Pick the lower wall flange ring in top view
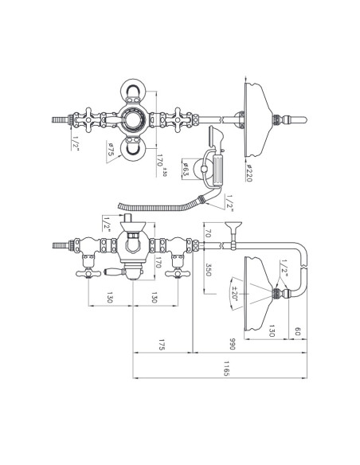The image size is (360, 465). pyautogui.click(x=134, y=151)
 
